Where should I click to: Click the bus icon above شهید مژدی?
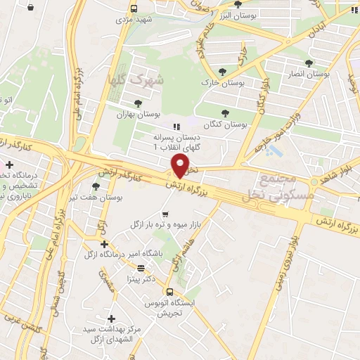[x=134, y=9]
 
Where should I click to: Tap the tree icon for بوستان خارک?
[x=221, y=71]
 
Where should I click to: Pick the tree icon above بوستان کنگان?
[x=225, y=112]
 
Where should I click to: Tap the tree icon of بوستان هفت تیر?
[x=95, y=186]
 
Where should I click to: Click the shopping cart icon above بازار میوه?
[x=165, y=214]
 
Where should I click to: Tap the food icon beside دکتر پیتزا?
[x=141, y=267]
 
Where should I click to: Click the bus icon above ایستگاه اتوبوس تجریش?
[x=169, y=291]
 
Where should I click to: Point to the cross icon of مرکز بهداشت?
[x=110, y=319]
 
